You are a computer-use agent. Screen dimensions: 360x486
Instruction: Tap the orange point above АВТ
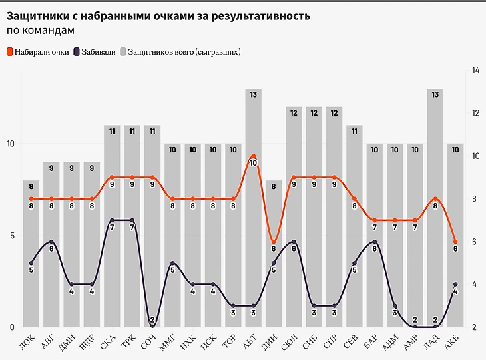tap(254, 156)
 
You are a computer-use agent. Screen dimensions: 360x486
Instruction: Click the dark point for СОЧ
tap(152, 326)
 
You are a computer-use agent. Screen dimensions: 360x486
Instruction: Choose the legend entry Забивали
tap(97, 51)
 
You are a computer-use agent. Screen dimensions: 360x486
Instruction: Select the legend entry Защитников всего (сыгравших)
tap(180, 51)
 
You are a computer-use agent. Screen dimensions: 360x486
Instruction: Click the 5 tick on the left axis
tap(10, 236)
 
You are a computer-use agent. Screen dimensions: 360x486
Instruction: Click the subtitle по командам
tap(41, 30)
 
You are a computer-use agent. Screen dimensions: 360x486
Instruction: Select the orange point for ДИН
tap(274, 242)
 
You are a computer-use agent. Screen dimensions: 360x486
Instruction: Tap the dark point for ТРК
tap(132, 220)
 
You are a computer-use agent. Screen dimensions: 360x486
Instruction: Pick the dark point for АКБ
tap(455, 285)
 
